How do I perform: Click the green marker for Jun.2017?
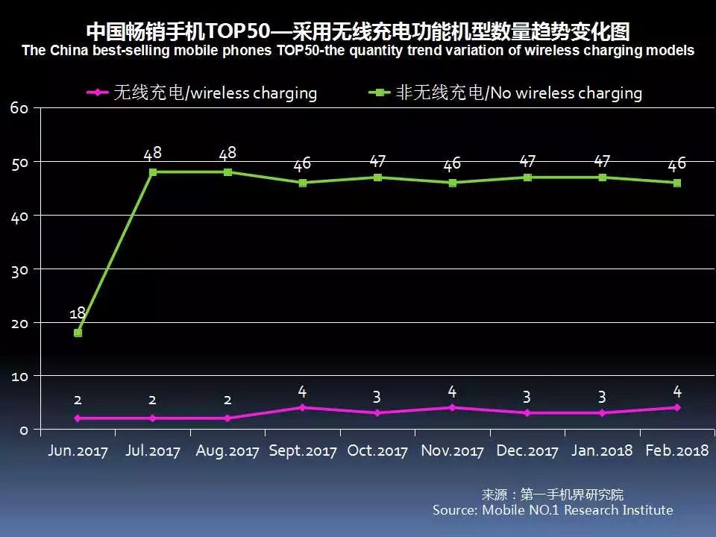(x=78, y=333)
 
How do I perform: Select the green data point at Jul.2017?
(x=153, y=172)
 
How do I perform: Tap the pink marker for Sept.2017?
(x=302, y=407)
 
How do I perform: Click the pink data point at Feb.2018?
(x=676, y=407)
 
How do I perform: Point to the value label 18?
(x=78, y=314)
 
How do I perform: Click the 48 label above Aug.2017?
(x=227, y=154)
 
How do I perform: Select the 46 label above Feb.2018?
(x=676, y=164)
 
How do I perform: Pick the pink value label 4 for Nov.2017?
(x=452, y=391)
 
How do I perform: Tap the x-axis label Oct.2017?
(x=377, y=451)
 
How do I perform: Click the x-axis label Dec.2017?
(x=527, y=451)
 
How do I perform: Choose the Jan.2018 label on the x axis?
(x=602, y=451)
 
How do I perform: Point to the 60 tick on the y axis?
(x=19, y=108)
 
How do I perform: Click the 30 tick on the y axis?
(x=19, y=269)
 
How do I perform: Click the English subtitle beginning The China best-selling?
(x=358, y=51)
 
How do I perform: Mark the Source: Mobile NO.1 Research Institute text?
(x=553, y=510)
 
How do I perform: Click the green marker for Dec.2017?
(x=527, y=178)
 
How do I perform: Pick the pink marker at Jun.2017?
(x=78, y=418)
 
